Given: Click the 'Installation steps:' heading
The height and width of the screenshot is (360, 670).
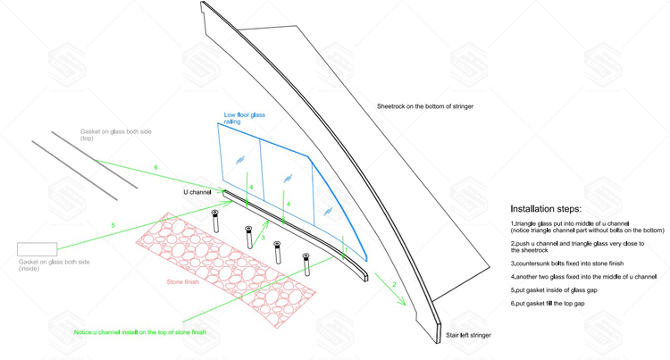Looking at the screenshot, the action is [546, 209].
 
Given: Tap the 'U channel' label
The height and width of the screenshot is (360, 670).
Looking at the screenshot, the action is [197, 192].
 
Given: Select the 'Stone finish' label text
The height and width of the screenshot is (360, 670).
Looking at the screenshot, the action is [183, 282].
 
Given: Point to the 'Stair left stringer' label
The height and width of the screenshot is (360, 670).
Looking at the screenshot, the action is [468, 335].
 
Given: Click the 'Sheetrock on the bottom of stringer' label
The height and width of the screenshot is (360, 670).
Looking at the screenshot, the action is [425, 106].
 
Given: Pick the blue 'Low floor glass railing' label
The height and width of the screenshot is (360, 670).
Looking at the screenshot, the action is [245, 118].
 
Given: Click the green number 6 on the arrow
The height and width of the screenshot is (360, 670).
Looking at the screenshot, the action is [155, 167].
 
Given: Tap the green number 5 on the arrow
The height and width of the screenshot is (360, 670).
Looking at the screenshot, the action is [113, 225].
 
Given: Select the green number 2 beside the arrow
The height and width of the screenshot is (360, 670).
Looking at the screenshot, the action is [394, 284].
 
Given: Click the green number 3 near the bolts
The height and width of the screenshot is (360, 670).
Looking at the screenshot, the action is [263, 238].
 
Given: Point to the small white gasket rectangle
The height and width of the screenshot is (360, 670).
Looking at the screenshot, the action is [38, 249].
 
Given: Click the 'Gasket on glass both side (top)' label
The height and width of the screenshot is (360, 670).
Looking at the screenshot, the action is [116, 135].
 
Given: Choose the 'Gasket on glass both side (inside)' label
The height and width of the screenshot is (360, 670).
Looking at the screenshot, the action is [54, 265].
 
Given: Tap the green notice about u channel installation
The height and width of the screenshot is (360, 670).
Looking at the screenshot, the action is [140, 332].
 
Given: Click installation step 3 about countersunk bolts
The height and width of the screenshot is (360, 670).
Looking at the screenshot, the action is [567, 264].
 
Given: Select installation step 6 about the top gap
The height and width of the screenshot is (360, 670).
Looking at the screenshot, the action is [548, 304].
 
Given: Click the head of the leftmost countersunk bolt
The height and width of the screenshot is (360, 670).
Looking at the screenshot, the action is [215, 213].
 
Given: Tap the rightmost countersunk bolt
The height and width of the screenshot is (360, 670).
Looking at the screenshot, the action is [306, 264].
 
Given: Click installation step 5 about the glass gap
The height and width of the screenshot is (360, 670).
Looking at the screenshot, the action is [554, 290].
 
